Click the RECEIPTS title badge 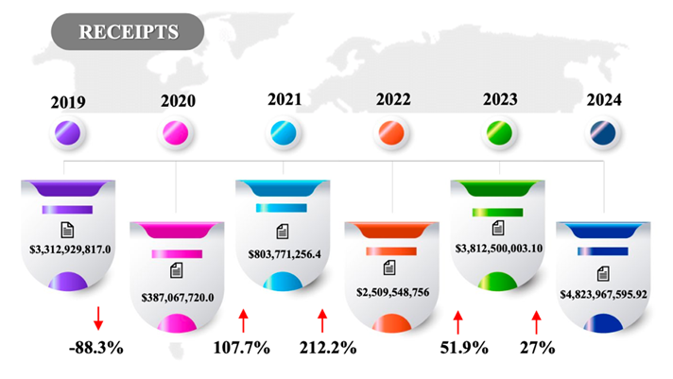click(128, 31)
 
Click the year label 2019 click(68, 100)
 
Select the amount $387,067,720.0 click(177, 296)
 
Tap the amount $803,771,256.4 click(285, 253)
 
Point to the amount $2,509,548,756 click(392, 291)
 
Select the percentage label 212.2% click(327, 347)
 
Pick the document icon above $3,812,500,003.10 click(499, 228)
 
